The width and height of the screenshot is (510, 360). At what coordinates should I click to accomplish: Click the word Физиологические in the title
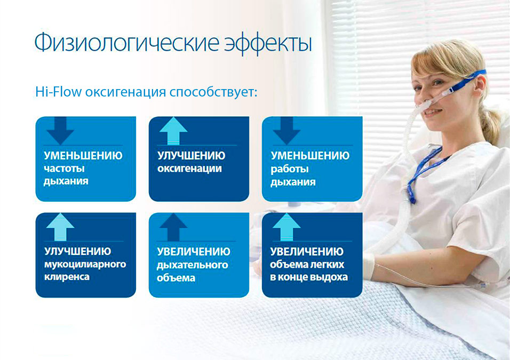pos(127,43)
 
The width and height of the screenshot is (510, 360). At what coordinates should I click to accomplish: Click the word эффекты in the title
pos(268,43)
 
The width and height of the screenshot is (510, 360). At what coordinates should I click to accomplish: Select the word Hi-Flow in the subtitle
pos(58,92)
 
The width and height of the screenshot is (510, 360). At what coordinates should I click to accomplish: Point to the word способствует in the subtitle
pos(213,92)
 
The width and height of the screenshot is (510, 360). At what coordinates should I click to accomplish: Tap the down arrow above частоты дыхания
pos(60,131)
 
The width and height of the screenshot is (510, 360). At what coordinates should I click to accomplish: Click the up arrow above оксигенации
pos(173,131)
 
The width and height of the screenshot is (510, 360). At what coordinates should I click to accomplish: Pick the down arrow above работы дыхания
pos(286,131)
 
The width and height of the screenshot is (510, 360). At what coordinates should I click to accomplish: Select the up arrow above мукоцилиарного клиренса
pos(60,227)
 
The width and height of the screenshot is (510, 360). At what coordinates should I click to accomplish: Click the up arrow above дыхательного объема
pos(173,227)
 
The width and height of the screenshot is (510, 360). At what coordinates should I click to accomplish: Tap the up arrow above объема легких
pos(286,227)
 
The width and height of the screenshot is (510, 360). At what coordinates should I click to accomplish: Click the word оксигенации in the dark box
pos(189,169)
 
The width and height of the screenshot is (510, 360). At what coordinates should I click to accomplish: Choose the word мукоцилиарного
pos(85,265)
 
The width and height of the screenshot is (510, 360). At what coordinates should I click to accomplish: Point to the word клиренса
pos(67,277)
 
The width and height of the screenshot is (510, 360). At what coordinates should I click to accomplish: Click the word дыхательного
pos(193,265)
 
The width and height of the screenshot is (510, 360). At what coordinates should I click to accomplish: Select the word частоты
pos(65,169)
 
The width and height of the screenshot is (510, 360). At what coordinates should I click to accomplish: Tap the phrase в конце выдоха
pos(309,277)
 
